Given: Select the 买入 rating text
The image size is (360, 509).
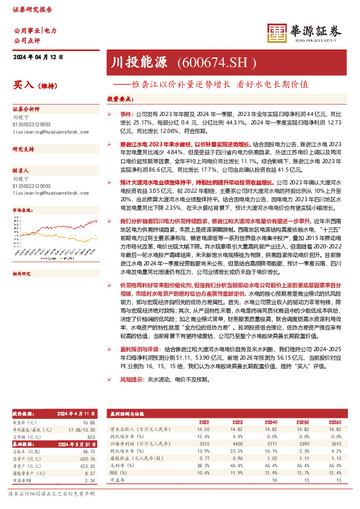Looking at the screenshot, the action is point(23,86).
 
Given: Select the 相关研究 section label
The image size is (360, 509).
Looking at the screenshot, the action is point(23,257).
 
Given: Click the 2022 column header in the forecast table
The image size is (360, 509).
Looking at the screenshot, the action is point(204,422).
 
